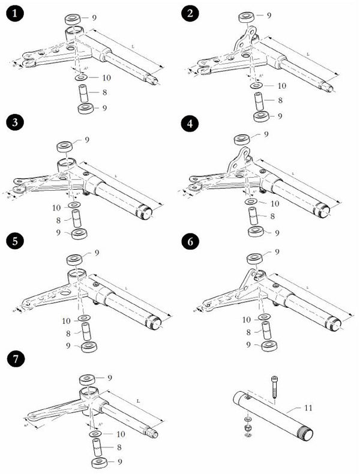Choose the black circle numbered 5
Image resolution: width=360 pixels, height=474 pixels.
[x=14, y=241]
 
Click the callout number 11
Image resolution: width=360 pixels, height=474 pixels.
[x=308, y=409]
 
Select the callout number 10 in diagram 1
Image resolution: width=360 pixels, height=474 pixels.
[x=106, y=78]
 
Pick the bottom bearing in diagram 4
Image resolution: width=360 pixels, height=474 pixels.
[x=256, y=232]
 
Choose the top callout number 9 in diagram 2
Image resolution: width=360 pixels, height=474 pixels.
[x=269, y=14]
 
